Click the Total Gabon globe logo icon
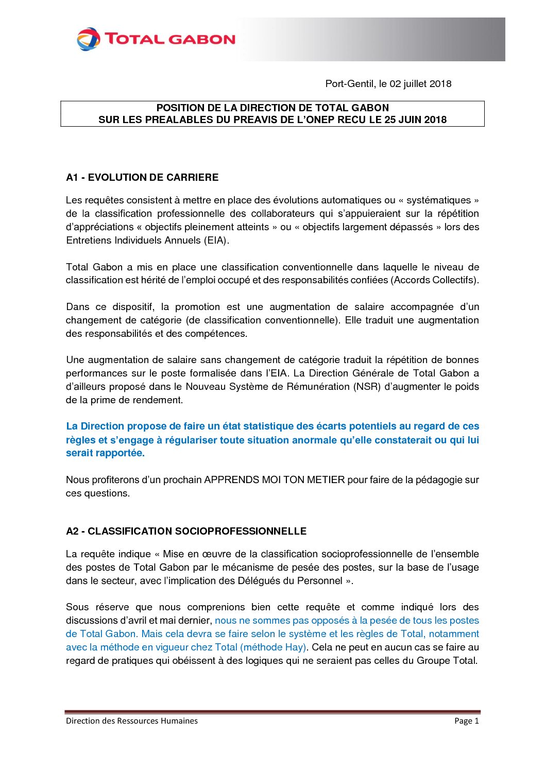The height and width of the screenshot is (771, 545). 89,39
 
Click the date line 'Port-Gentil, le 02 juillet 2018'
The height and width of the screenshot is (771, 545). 388,84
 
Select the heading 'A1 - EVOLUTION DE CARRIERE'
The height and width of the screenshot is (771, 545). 142,178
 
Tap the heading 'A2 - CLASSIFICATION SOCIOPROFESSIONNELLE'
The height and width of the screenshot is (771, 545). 186,532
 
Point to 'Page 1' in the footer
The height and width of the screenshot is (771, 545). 466,721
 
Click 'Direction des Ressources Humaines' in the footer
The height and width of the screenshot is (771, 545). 131,721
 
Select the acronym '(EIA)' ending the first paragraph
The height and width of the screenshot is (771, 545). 215,241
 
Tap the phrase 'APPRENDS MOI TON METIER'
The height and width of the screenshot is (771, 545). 275,480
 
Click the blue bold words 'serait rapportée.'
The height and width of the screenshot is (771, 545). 105,453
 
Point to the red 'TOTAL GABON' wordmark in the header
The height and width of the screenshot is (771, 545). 170,39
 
